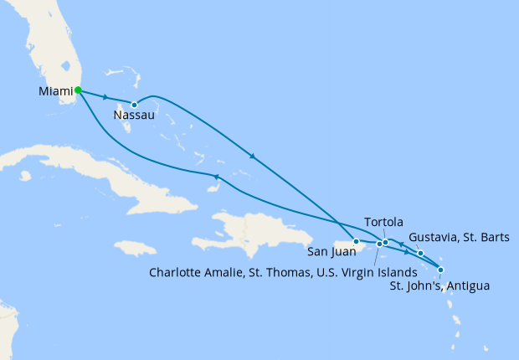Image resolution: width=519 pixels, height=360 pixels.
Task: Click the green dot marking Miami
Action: click(x=78, y=90)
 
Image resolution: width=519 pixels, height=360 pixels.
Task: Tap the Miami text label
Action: click(x=55, y=90)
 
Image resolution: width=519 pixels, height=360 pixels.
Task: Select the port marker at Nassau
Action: click(x=134, y=105)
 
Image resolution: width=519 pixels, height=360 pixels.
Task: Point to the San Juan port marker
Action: click(x=356, y=242)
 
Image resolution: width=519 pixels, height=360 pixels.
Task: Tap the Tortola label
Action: click(x=384, y=223)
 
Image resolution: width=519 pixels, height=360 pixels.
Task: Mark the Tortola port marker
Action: click(x=385, y=243)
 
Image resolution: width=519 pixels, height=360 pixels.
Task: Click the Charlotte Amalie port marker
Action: click(x=378, y=244)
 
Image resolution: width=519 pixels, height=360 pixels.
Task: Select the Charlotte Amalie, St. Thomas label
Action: click(x=281, y=271)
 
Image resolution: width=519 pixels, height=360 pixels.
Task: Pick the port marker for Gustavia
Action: click(x=420, y=253)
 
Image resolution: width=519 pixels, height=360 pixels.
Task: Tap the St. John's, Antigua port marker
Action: click(x=441, y=270)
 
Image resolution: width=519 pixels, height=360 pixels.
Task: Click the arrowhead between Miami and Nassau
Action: click(x=105, y=97)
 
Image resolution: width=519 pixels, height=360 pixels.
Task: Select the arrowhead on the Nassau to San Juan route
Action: click(x=252, y=156)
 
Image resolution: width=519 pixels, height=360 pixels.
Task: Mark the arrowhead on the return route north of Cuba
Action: click(x=216, y=177)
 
